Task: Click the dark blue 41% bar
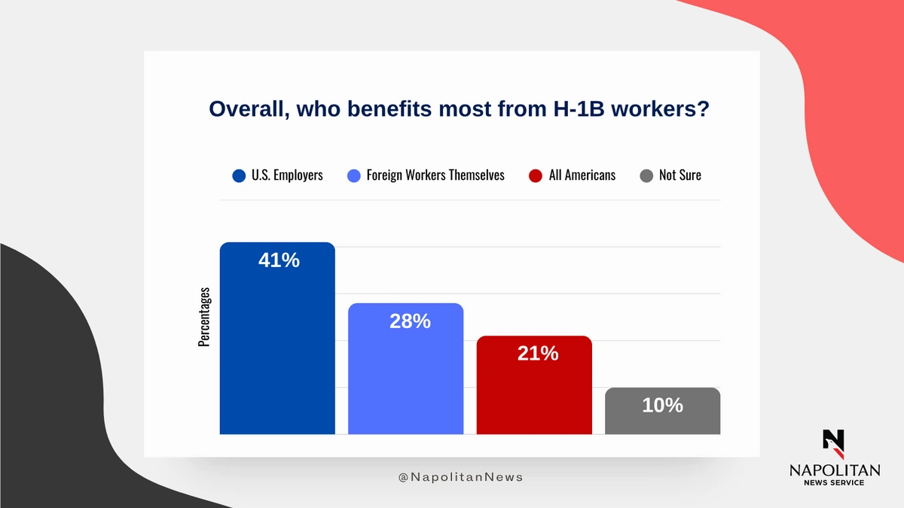(x=277, y=338)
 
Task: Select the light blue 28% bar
(x=405, y=369)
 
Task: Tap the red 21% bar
(x=534, y=385)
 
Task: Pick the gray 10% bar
(x=662, y=411)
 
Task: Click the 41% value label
(x=279, y=260)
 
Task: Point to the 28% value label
(x=410, y=321)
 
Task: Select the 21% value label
(x=538, y=353)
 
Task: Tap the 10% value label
(x=663, y=405)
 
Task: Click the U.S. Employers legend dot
(x=239, y=176)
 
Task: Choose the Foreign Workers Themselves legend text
(x=435, y=175)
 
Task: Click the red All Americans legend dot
(x=536, y=176)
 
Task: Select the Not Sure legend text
(x=680, y=175)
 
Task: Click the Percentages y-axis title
(x=204, y=317)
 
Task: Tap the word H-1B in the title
(x=579, y=109)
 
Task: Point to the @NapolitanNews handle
(x=460, y=477)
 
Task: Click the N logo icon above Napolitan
(x=834, y=444)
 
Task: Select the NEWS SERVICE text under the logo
(x=834, y=482)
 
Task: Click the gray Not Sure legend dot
(x=646, y=176)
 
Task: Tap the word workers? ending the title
(x=660, y=109)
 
